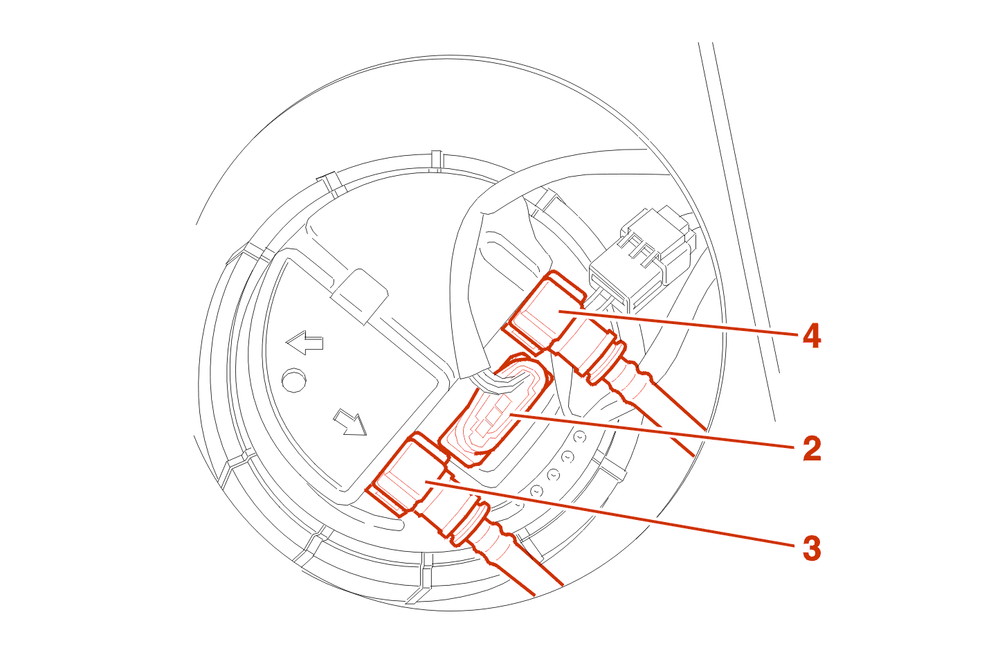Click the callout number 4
point(812,336)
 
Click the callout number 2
point(812,449)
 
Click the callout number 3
point(812,548)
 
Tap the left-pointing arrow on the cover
point(304,343)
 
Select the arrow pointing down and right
point(350,422)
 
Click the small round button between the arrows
point(293,380)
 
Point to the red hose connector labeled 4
point(544,312)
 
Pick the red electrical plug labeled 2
point(495,409)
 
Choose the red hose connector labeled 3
point(408,474)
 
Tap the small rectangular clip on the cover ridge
point(359,296)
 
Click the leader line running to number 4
point(678,323)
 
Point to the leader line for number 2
point(652,431)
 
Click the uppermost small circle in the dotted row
point(580,438)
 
